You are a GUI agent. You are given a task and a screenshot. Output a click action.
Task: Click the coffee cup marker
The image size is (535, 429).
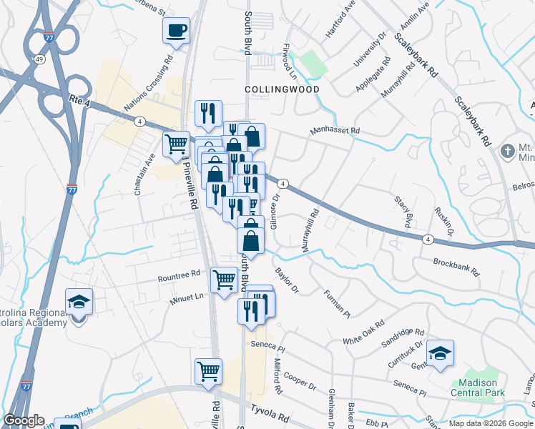pyautogui.click(x=177, y=31)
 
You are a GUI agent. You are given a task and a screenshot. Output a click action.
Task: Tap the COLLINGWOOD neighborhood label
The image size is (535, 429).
pyautogui.click(x=282, y=89)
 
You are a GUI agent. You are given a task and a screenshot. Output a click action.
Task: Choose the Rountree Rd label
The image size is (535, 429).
pyautogui.click(x=180, y=275)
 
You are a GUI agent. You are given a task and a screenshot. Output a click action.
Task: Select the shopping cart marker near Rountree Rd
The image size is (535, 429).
pyautogui.click(x=225, y=278)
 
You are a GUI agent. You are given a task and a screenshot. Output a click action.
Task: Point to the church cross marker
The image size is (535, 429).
pyautogui.click(x=507, y=152)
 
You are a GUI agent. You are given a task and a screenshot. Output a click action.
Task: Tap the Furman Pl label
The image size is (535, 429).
pyautogui.click(x=336, y=303)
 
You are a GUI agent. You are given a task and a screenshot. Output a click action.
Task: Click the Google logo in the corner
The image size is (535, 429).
pyautogui.click(x=24, y=420)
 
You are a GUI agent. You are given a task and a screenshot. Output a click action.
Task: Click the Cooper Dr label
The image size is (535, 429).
pyautogui.click(x=300, y=380)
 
